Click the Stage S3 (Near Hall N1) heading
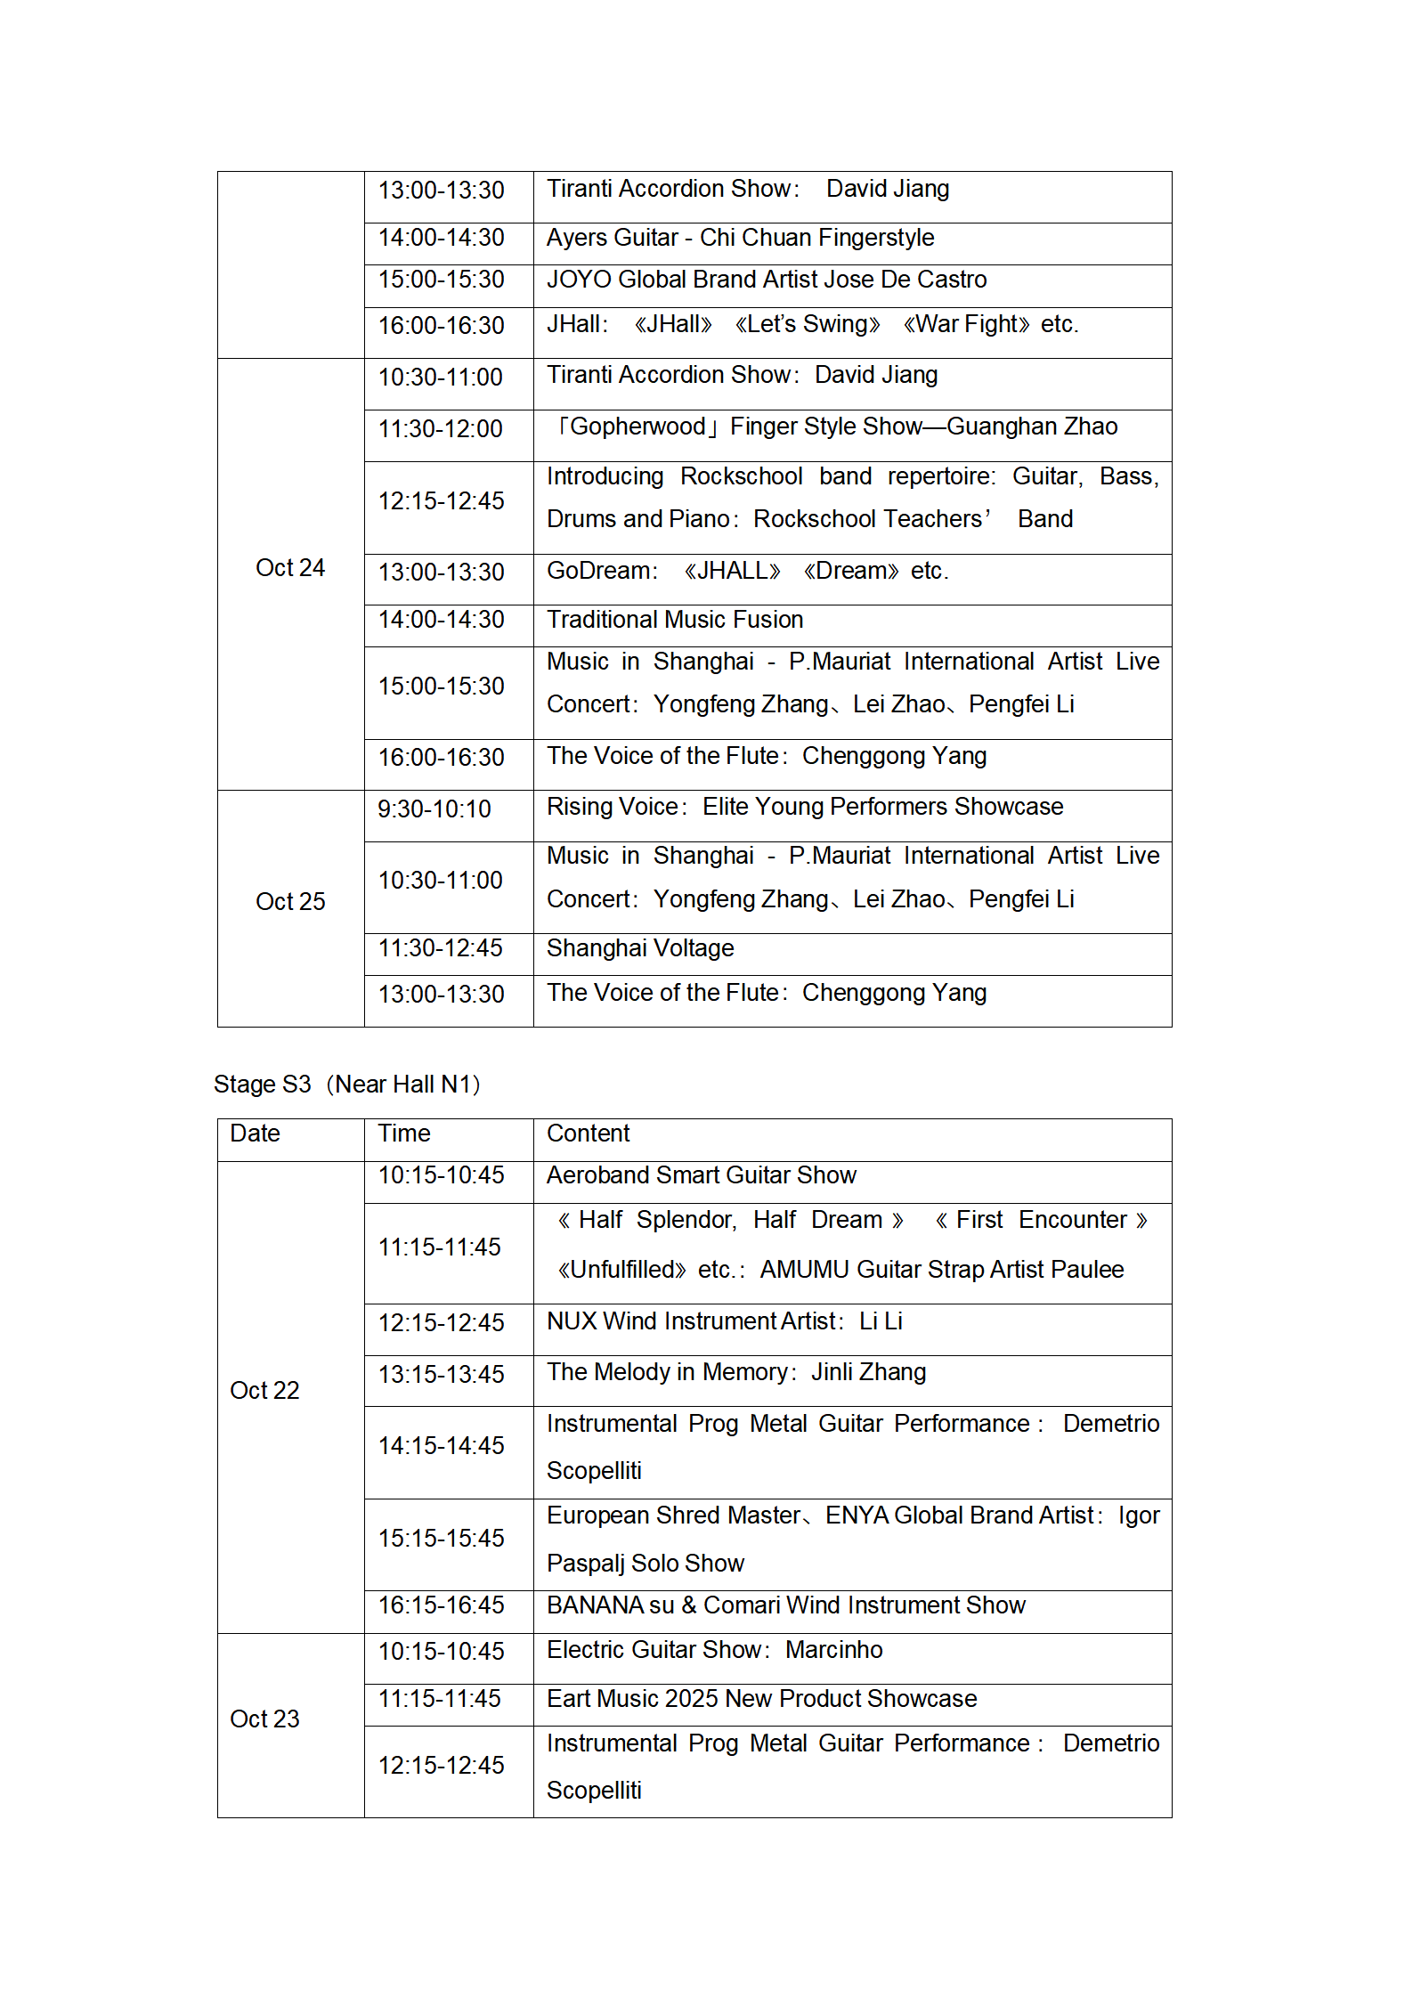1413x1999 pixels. [x=347, y=1084]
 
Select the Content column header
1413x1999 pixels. [x=588, y=1134]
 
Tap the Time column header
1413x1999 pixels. [x=403, y=1134]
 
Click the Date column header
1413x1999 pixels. [x=255, y=1134]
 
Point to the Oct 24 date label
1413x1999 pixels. [x=290, y=568]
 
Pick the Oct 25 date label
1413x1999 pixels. [x=290, y=902]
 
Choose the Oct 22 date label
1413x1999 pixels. [x=264, y=1391]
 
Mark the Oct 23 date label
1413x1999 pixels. [x=264, y=1719]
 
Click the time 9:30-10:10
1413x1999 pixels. [x=434, y=809]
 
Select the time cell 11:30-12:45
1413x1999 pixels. [x=440, y=948]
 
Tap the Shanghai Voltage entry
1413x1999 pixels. [x=640, y=948]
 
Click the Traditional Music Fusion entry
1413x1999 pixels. [x=675, y=620]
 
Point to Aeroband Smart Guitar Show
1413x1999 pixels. [x=701, y=1175]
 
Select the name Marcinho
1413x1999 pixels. [x=833, y=1650]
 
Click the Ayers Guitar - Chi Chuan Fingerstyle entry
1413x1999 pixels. [x=740, y=238]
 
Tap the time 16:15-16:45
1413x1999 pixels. [x=441, y=1605]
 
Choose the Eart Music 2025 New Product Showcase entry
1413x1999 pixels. [x=761, y=1699]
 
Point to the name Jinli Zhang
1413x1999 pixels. [x=868, y=1372]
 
